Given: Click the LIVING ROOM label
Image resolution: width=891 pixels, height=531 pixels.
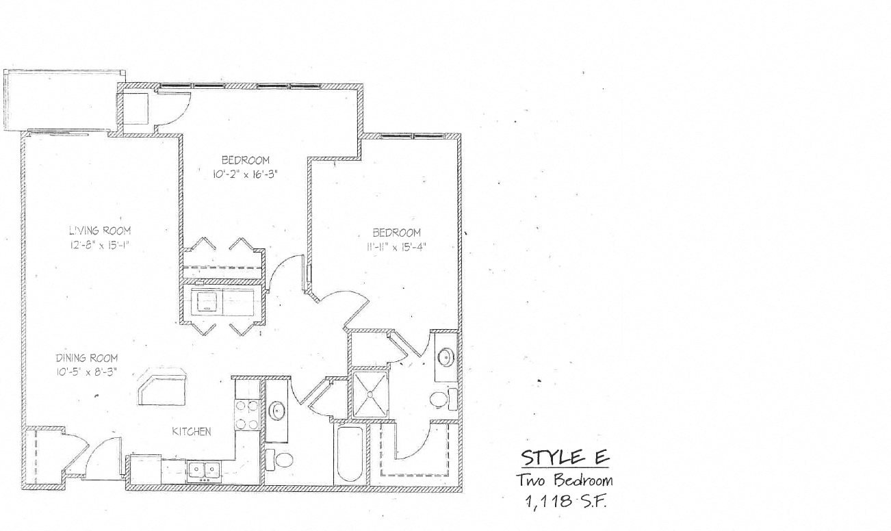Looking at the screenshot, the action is tap(100, 231).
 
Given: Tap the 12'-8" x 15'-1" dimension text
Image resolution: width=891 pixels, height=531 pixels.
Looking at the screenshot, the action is tap(100, 246).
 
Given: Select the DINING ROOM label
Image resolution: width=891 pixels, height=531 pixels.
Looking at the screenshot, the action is tap(87, 358).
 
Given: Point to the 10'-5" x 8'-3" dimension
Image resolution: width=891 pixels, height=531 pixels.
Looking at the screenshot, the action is tap(86, 373).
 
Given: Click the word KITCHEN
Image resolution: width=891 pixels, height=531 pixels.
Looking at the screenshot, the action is tap(192, 432).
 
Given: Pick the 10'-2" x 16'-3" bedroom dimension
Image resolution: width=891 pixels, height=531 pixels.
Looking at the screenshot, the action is tap(245, 174).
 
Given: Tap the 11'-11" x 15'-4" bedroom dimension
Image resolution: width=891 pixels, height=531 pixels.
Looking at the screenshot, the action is tap(396, 248).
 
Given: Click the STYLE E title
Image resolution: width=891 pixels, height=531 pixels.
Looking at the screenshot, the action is tap(565, 457).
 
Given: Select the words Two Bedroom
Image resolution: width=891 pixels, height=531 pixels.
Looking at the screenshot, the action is tap(565, 480).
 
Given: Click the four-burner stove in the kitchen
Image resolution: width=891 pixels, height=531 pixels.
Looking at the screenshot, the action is tap(247, 415).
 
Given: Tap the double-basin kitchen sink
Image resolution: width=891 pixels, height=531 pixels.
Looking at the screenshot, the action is tap(205, 471).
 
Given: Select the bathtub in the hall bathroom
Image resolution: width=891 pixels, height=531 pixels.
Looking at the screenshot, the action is tap(350, 454).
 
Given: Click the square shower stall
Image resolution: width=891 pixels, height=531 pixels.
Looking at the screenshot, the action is tap(370, 394).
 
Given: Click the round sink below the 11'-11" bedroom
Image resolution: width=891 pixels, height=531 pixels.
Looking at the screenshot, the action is tap(446, 357).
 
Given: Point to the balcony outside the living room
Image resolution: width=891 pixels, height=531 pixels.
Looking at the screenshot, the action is tap(62, 99).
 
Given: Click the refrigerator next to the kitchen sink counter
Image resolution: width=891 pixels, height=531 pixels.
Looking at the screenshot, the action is tap(146, 470).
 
